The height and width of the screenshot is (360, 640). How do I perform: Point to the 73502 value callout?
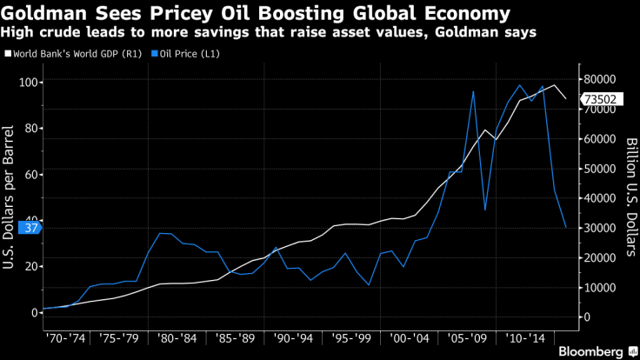[601, 99]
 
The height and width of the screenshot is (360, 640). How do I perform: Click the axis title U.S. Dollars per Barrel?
[9, 197]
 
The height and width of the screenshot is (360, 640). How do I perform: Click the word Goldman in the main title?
[51, 13]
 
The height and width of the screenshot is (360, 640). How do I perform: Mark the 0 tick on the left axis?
[34, 312]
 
